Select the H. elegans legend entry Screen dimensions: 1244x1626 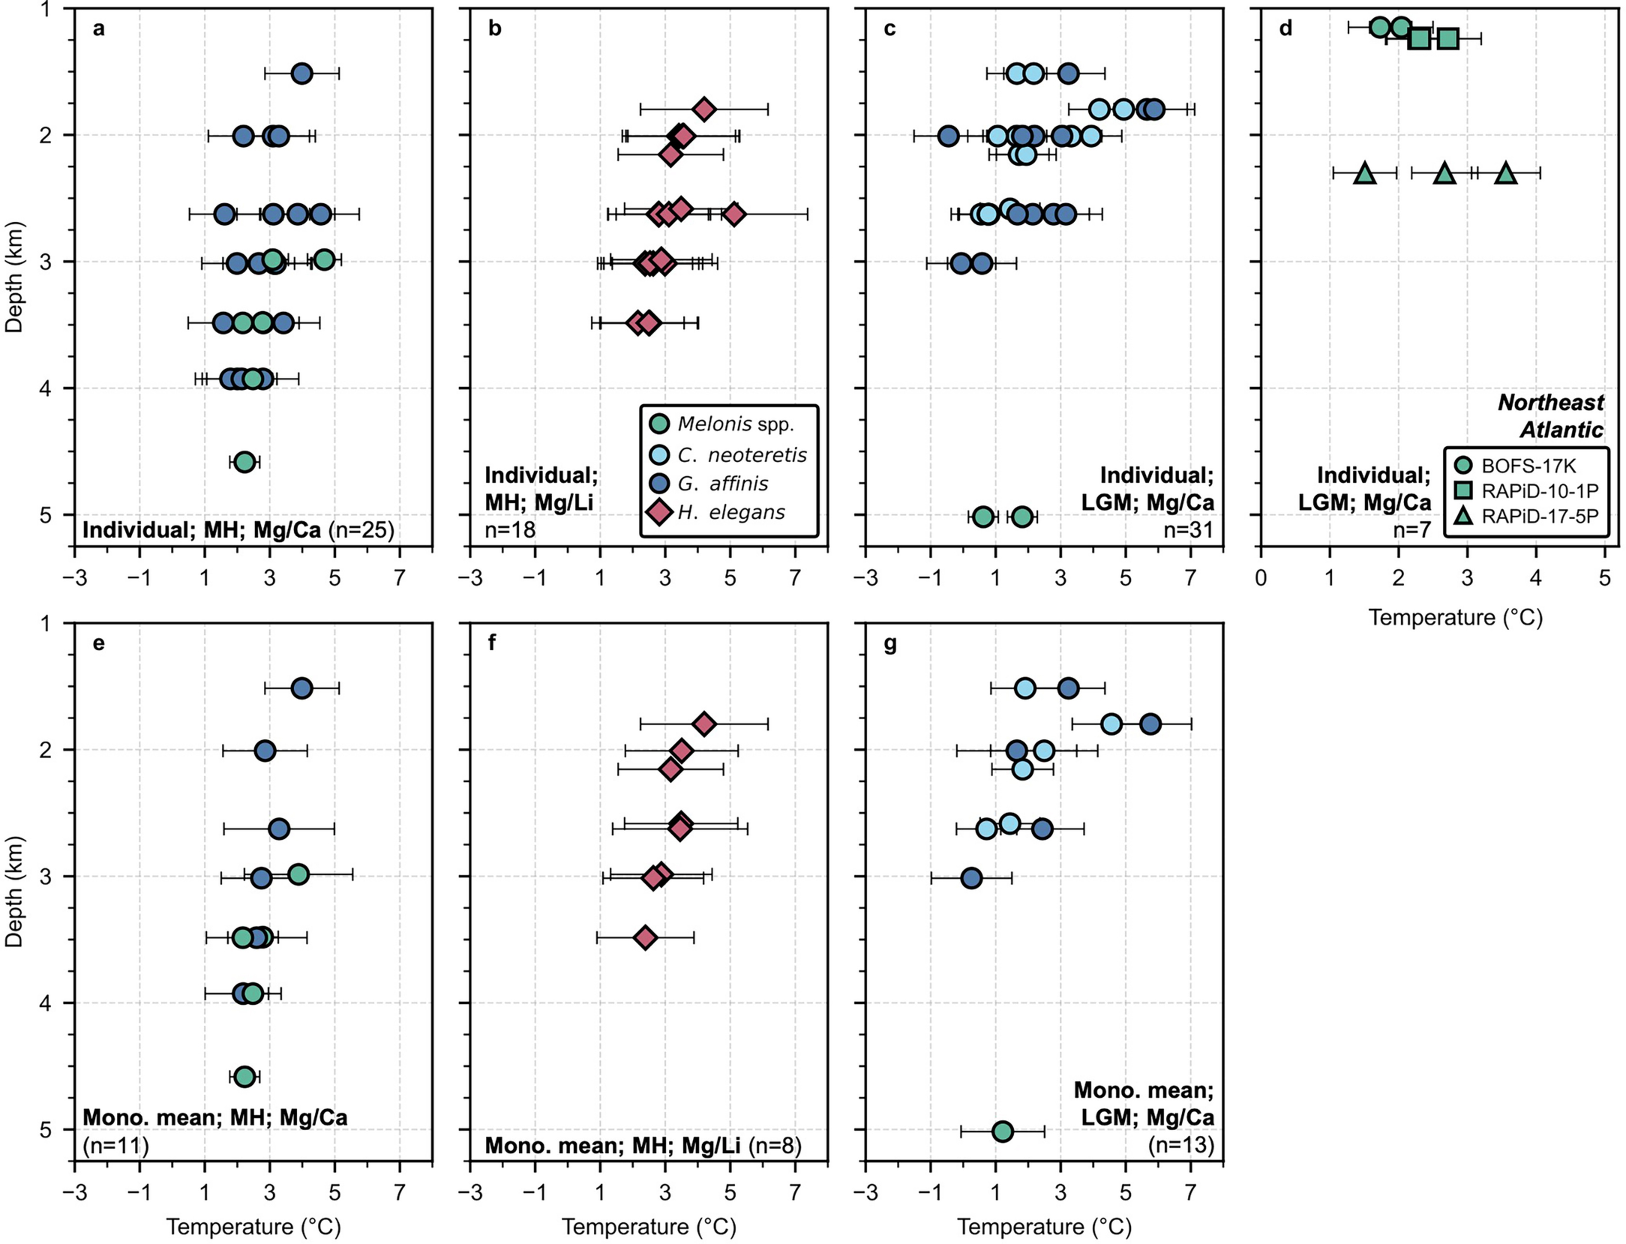[x=731, y=512]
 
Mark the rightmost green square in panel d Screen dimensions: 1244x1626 [x=1448, y=39]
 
